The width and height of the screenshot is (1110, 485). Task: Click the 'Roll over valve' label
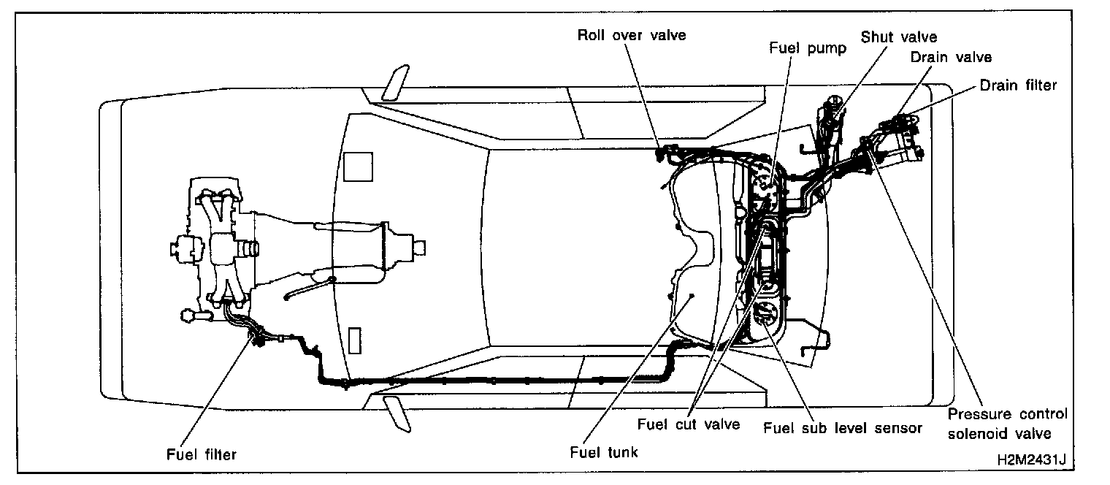(x=632, y=34)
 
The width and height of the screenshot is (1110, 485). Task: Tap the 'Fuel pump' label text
(x=797, y=49)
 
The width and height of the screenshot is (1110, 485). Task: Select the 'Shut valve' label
(x=898, y=37)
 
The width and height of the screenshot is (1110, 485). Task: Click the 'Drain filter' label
(x=1018, y=85)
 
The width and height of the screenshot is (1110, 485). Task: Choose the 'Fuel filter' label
(x=201, y=454)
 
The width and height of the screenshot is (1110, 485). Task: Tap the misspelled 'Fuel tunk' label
(x=603, y=452)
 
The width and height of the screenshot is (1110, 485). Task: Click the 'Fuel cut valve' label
(x=689, y=424)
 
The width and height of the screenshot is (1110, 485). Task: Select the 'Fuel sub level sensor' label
(x=842, y=428)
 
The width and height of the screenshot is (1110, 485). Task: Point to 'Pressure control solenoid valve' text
(x=1008, y=424)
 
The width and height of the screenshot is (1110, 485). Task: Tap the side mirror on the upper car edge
(x=394, y=84)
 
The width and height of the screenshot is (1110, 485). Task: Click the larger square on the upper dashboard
(x=358, y=166)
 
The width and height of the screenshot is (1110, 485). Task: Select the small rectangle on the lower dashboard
(x=355, y=341)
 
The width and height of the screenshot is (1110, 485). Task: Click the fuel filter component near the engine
(x=257, y=338)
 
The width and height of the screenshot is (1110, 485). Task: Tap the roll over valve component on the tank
(x=665, y=153)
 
